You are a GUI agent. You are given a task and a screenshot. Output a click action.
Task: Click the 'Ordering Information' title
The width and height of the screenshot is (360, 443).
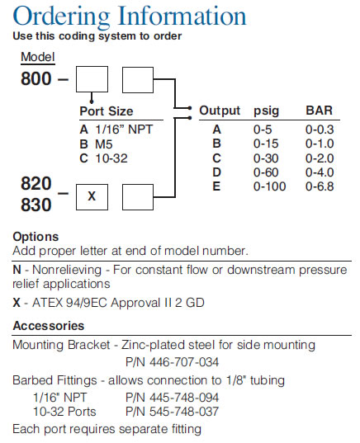(x=130, y=16)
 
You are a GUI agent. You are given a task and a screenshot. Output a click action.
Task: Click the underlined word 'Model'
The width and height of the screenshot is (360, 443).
(x=38, y=57)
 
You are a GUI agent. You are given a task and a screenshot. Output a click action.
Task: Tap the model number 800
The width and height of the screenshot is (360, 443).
(x=36, y=78)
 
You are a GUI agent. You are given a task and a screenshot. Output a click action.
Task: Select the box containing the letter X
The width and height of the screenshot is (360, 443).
(x=92, y=197)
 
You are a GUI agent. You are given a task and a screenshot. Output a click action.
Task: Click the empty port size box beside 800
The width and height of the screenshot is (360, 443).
(x=92, y=79)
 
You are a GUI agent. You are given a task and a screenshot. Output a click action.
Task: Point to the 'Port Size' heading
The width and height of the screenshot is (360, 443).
(x=107, y=111)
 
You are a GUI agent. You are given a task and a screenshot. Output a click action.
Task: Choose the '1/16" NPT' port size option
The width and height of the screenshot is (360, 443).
(x=124, y=130)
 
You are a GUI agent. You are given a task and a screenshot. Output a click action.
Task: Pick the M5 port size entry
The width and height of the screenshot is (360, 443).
(x=104, y=144)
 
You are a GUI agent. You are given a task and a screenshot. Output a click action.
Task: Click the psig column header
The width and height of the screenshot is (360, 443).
(x=266, y=111)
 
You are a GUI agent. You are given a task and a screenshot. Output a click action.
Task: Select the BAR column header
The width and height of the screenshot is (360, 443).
(x=319, y=111)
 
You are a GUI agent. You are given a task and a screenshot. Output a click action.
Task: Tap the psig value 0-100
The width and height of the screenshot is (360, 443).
(x=269, y=186)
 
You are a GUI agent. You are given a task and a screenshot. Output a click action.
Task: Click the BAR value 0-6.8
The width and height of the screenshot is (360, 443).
(x=320, y=186)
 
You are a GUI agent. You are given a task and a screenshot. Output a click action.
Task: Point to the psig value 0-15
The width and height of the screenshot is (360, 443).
(x=266, y=144)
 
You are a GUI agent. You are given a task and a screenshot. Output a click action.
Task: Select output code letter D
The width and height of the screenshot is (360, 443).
(x=216, y=172)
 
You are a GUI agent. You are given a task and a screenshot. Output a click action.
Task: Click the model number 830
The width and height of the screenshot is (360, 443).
(x=36, y=205)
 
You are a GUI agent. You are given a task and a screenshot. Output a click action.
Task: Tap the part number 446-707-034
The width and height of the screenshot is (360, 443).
(x=184, y=362)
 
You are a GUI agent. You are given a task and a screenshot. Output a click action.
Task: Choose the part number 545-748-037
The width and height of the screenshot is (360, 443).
(x=184, y=412)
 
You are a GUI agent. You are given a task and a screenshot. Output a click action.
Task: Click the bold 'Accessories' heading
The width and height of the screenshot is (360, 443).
(x=49, y=326)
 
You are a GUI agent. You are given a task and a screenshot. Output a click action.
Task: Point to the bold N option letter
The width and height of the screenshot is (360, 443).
(x=17, y=270)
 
